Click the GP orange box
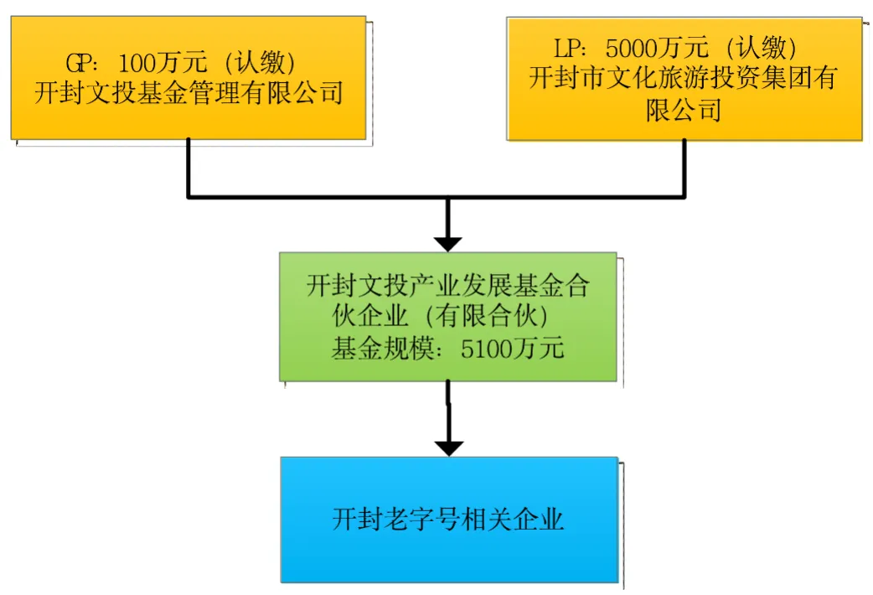pyautogui.click(x=189, y=117)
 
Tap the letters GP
pyautogui.click(x=80, y=63)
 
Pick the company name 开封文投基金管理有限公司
pyautogui.click(x=189, y=92)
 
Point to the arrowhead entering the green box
pyautogui.click(x=448, y=243)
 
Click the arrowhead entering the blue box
pyautogui.click(x=449, y=448)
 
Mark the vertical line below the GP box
pyautogui.click(x=189, y=168)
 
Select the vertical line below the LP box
pyautogui.click(x=684, y=168)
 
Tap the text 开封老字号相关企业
pyautogui.click(x=448, y=520)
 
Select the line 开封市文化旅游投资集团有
pyautogui.click(x=684, y=78)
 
